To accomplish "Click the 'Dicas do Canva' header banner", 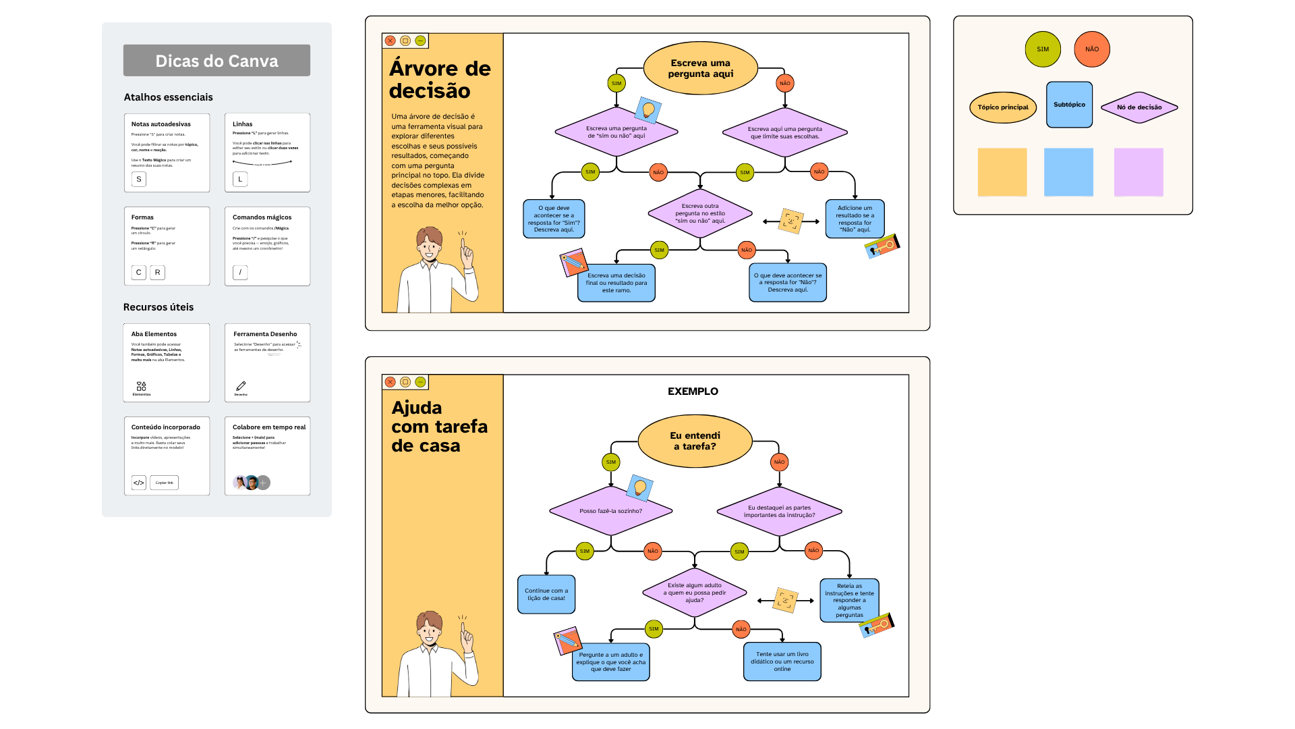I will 217,61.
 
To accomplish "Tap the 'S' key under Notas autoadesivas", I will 139,179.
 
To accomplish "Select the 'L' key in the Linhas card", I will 240,179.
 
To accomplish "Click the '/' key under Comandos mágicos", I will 240,272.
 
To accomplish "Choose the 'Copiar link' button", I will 164,483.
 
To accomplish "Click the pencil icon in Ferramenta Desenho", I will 241,386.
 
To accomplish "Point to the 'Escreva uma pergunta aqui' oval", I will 700,68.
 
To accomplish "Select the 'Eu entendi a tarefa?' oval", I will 695,441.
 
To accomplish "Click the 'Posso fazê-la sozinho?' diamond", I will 610,511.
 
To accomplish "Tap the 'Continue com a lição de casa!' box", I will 546,594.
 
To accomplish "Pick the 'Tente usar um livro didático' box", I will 782,661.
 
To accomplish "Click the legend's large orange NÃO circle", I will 1092,49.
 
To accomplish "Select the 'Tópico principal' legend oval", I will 1003,107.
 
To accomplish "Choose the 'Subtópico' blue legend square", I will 1069,105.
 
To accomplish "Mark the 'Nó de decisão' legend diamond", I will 1139,107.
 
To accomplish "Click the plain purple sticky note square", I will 1139,172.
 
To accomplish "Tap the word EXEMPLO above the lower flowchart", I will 693,391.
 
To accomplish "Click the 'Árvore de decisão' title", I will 440,80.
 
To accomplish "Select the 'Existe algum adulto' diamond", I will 695,593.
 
